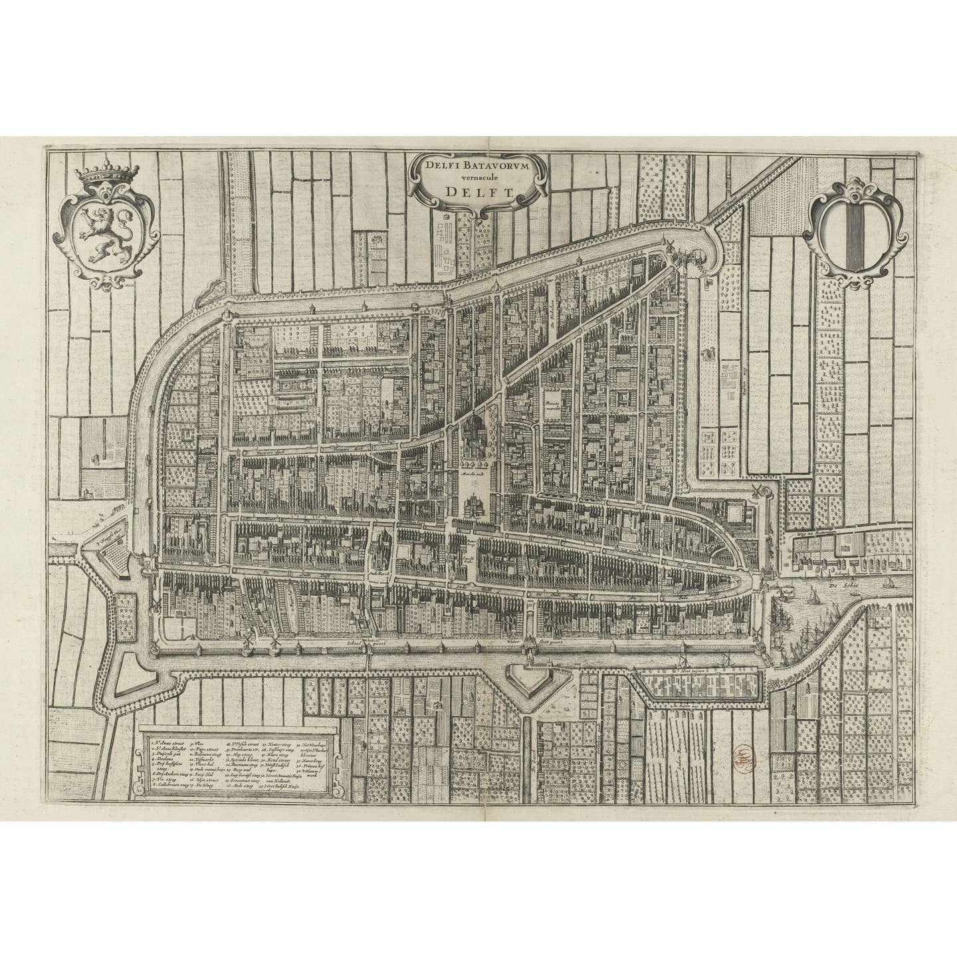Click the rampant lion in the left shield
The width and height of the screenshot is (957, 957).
[104, 224]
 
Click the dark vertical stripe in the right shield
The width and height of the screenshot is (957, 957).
[853, 234]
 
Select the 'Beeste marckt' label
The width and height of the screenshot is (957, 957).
[554, 407]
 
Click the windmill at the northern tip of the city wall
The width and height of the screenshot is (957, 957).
[672, 243]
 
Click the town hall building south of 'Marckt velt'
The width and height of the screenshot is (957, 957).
[475, 508]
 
